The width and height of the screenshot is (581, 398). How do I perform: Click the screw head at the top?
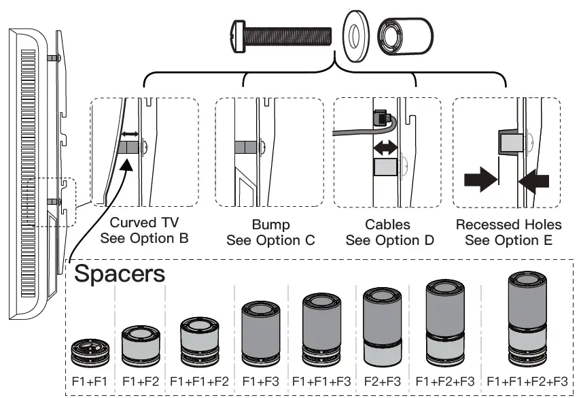pyautogui.click(x=238, y=37)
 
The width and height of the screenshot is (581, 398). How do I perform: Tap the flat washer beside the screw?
pyautogui.click(x=355, y=35)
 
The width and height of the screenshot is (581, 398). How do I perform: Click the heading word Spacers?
pyautogui.click(x=120, y=273)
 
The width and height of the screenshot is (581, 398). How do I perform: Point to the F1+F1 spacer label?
pyautogui.click(x=90, y=381)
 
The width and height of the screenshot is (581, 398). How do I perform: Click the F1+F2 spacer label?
pyautogui.click(x=141, y=381)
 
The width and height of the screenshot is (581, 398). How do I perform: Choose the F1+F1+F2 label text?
pyautogui.click(x=199, y=381)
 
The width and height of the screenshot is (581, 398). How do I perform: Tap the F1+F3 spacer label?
pyautogui.click(x=260, y=381)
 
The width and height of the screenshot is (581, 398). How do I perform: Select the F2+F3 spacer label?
pyautogui.click(x=383, y=381)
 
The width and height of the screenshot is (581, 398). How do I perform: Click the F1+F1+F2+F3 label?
pyautogui.click(x=527, y=381)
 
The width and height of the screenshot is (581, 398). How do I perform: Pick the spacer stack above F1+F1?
pyautogui.click(x=90, y=352)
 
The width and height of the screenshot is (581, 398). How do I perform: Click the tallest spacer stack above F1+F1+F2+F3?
pyautogui.click(x=527, y=319)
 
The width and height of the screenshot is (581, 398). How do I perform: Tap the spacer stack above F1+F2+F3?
pyautogui.click(x=445, y=323)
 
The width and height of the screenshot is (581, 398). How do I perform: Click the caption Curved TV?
pyautogui.click(x=145, y=222)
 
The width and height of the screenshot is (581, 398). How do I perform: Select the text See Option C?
pyautogui.click(x=271, y=240)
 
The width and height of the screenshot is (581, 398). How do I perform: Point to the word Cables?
pyautogui.click(x=387, y=225)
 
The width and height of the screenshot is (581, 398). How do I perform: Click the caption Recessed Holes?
pyautogui.click(x=509, y=225)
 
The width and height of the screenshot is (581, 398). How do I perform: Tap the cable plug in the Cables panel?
pyautogui.click(x=382, y=117)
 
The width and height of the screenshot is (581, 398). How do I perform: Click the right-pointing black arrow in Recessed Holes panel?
pyautogui.click(x=481, y=180)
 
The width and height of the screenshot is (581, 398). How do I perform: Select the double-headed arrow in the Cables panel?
pyautogui.click(x=385, y=148)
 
